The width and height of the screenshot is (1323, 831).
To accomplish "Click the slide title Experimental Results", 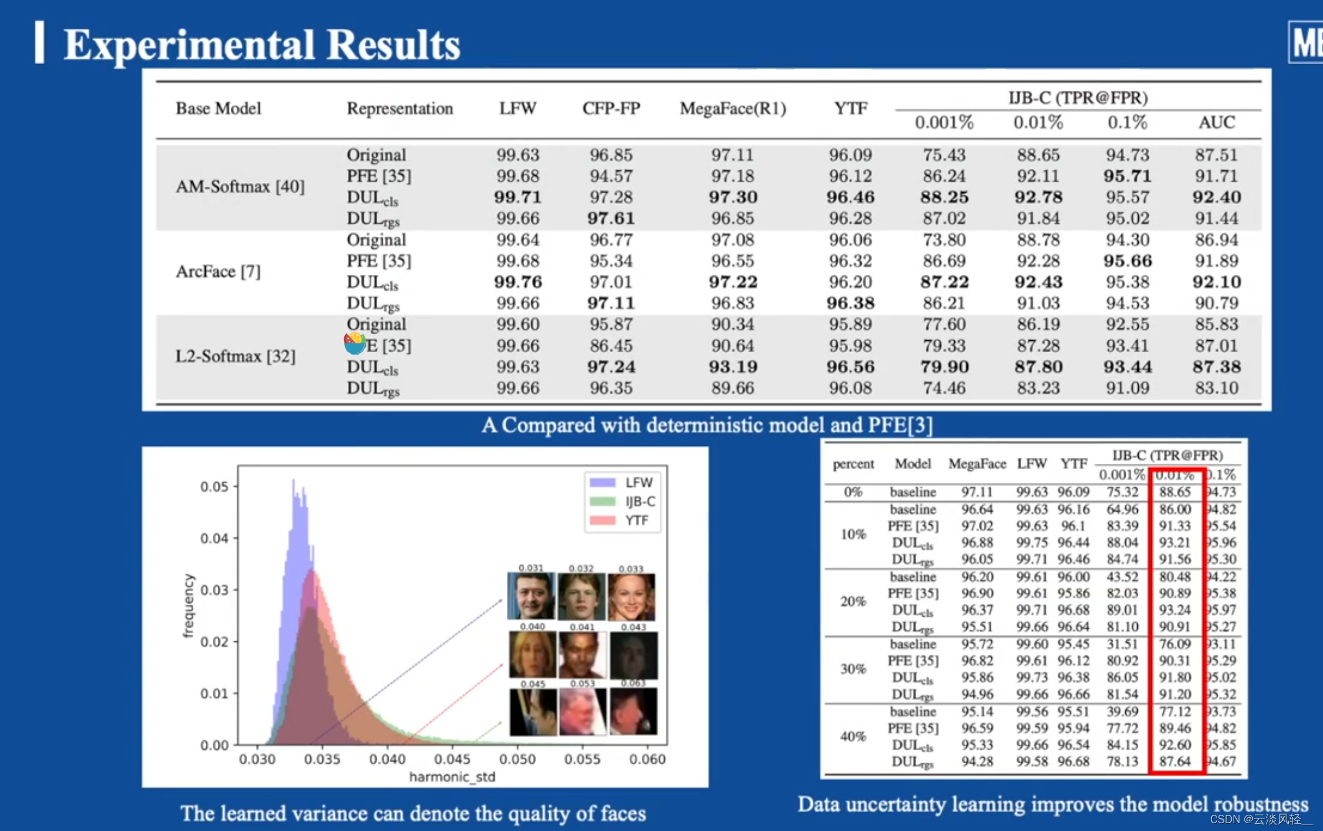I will click(x=261, y=44).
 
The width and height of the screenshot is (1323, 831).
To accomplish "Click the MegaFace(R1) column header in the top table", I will click(x=732, y=109).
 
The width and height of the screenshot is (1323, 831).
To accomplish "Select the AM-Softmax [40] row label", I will click(x=240, y=187).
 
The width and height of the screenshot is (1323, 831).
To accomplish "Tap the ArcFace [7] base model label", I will click(x=218, y=272).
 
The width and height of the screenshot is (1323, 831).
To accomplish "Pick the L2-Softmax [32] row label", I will click(x=235, y=356).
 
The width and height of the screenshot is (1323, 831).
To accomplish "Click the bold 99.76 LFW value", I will click(x=518, y=282).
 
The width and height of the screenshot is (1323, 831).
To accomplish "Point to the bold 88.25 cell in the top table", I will click(x=944, y=197).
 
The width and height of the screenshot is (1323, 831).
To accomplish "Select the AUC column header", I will click(x=1216, y=123).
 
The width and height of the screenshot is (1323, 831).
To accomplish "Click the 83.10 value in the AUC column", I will click(x=1216, y=388).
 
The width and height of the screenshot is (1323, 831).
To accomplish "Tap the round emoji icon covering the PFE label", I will click(x=354, y=343).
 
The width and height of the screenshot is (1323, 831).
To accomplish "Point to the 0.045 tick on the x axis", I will click(x=452, y=759).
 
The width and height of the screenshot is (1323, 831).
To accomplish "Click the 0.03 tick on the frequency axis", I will click(x=214, y=590).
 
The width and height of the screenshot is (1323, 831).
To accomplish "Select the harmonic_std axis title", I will click(x=452, y=777).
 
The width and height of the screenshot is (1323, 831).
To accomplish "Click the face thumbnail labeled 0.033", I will click(x=631, y=596).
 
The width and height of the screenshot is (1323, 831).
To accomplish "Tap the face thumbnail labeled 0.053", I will click(x=582, y=712).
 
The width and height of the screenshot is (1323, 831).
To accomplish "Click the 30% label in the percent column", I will click(x=853, y=669).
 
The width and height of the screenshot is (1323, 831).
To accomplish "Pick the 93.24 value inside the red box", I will click(x=1174, y=610).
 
